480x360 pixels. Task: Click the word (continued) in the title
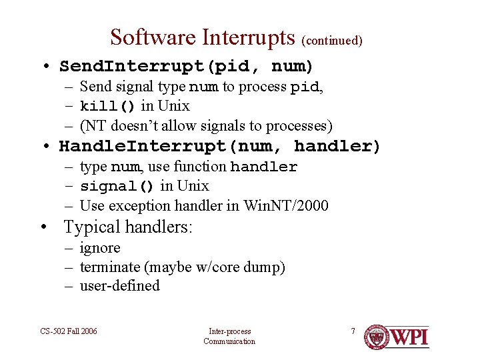332,41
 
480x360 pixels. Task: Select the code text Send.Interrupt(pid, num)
186,67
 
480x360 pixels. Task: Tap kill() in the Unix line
107,107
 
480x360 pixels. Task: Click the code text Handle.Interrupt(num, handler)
219,146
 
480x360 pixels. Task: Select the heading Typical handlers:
128,227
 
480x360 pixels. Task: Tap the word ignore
100,249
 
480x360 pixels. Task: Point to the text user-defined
120,286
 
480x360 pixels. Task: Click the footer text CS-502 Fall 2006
67,331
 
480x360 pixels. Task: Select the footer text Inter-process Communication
229,336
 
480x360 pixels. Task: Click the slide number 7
353,331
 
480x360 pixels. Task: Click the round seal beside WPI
377,338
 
